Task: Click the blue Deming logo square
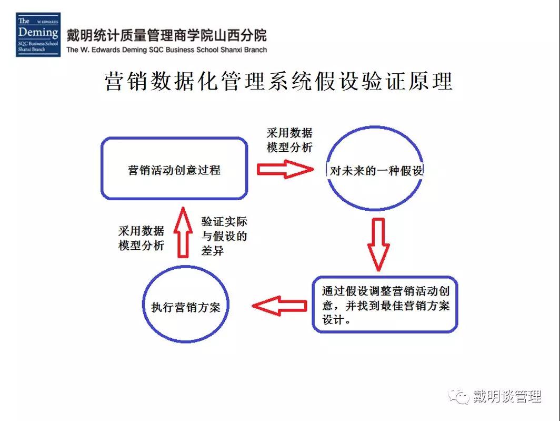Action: (38, 35)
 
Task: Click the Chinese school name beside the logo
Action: (166, 35)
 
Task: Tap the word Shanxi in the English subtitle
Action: (232, 50)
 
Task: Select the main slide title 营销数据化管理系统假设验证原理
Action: (278, 81)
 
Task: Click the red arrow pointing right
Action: (285, 169)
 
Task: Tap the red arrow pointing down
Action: (378, 244)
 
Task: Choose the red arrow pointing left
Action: (279, 306)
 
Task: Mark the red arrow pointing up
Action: (183, 232)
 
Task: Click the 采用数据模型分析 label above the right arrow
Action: (289, 140)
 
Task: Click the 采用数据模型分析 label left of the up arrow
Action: (141, 238)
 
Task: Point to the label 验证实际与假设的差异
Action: (224, 236)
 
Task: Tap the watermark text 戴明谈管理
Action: (507, 396)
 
